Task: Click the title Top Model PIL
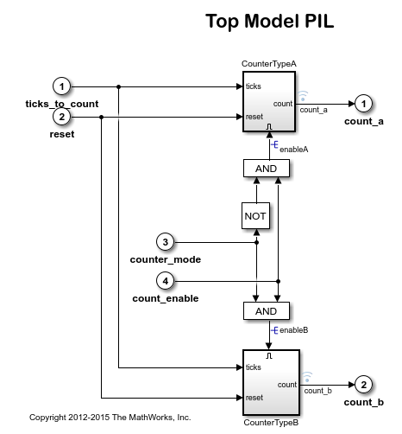click(x=269, y=22)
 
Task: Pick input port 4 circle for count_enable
click(x=166, y=281)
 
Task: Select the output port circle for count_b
click(x=365, y=383)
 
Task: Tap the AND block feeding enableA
click(x=267, y=168)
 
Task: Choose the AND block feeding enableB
click(x=267, y=310)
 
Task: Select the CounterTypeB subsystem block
click(x=271, y=381)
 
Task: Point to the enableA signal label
click(x=293, y=150)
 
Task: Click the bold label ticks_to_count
click(x=61, y=104)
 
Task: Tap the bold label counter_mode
click(x=166, y=259)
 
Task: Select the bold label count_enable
click(x=166, y=298)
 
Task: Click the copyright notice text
click(x=110, y=417)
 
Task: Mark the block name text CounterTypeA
click(x=271, y=64)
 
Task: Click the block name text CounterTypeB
click(x=271, y=423)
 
